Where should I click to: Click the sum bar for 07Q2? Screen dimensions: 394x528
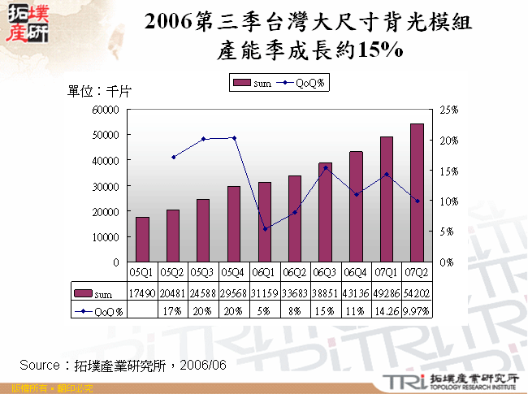pyautogui.click(x=417, y=193)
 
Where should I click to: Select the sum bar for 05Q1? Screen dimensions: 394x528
pyautogui.click(x=142, y=240)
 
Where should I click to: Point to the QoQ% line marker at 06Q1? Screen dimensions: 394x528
pyautogui.click(x=265, y=229)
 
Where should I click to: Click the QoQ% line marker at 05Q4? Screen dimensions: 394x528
pyautogui.click(x=235, y=138)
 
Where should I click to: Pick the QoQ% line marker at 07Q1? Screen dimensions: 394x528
pyautogui.click(x=387, y=174)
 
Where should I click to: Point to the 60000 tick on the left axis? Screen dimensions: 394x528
pyautogui.click(x=107, y=109)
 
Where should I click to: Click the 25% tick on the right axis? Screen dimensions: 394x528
pyautogui.click(x=448, y=109)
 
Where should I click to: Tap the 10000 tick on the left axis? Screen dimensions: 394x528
pyautogui.click(x=107, y=237)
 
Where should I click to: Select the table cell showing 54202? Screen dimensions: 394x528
pyautogui.click(x=417, y=293)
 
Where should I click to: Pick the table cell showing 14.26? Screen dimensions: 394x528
pyautogui.click(x=387, y=310)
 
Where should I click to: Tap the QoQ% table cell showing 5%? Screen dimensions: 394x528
pyautogui.click(x=265, y=310)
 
